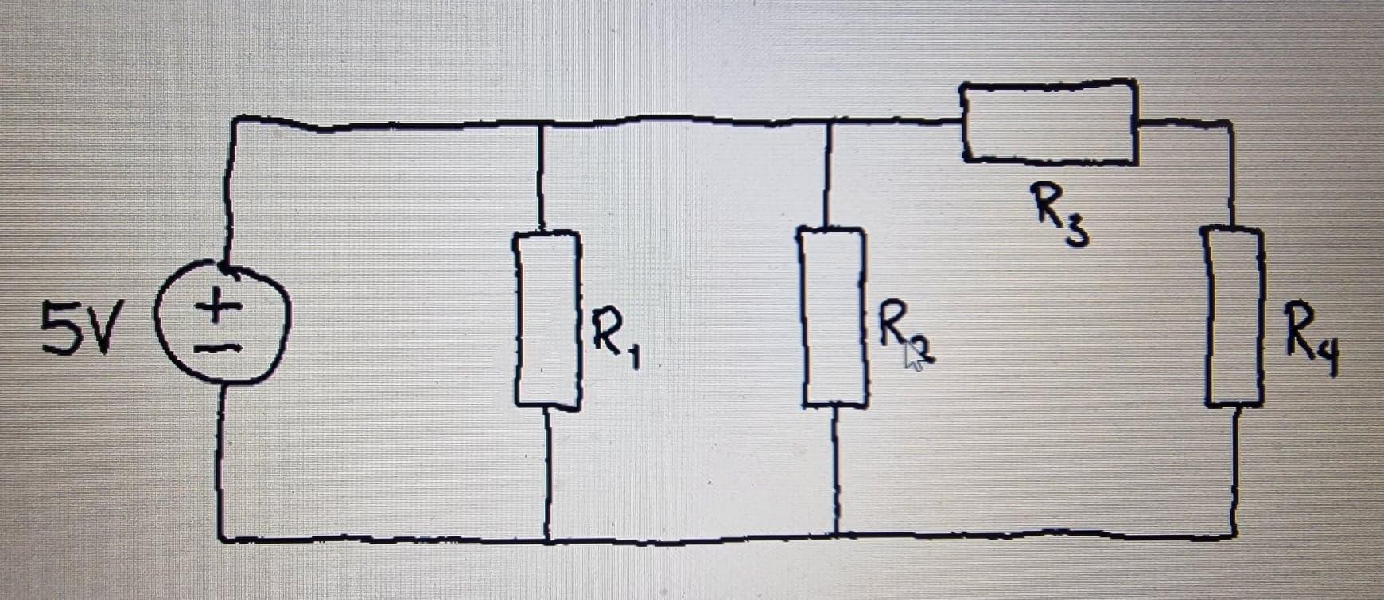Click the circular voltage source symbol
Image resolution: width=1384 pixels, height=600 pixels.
pyautogui.click(x=227, y=326)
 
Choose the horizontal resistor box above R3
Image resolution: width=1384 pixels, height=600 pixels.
pyautogui.click(x=1049, y=123)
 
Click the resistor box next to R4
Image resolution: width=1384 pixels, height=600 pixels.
pyautogui.click(x=1234, y=316)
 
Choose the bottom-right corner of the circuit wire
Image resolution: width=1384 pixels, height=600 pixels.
pyautogui.click(x=1234, y=535)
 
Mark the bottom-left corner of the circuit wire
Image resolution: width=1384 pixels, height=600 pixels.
pyautogui.click(x=220, y=539)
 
